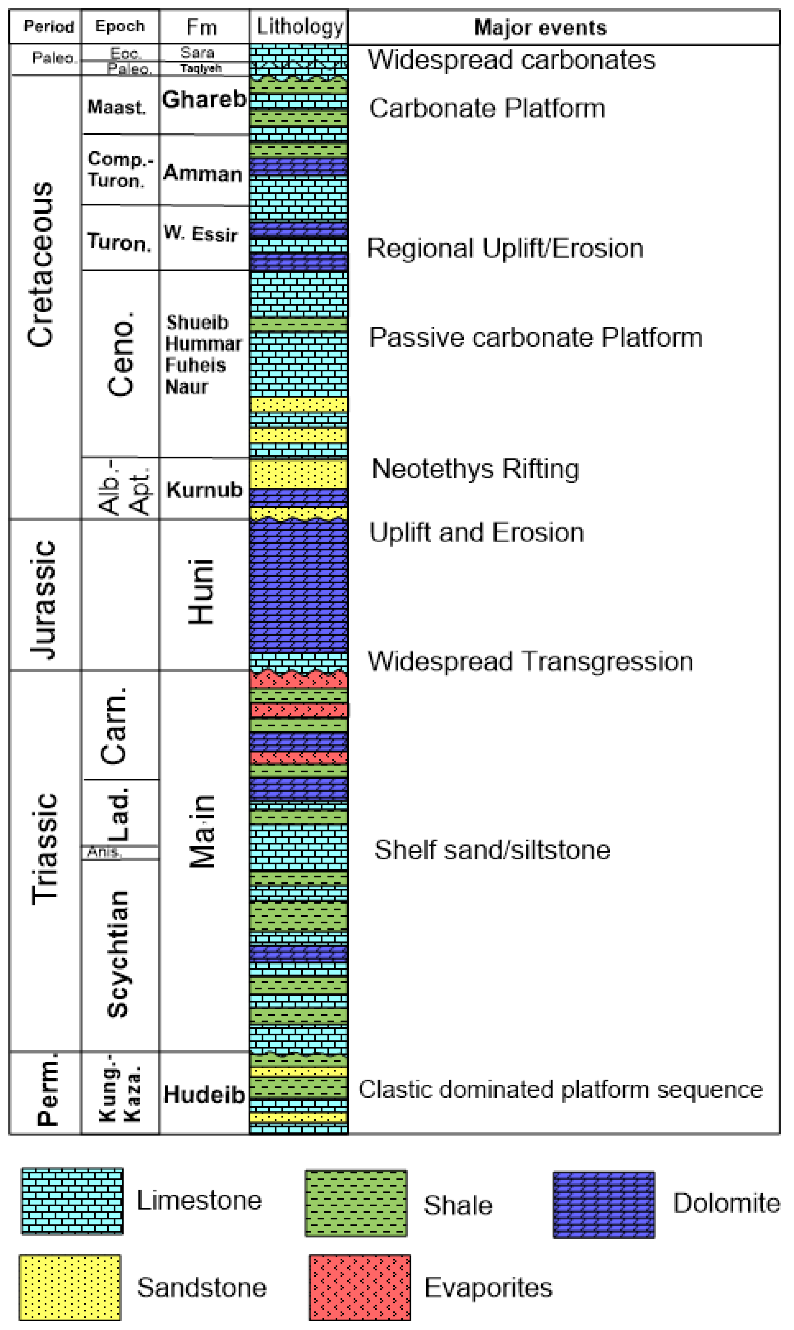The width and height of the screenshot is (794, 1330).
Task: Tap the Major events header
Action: (x=540, y=27)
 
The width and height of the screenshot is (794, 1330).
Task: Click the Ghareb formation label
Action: (x=204, y=100)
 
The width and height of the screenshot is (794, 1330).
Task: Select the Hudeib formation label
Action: (x=204, y=1094)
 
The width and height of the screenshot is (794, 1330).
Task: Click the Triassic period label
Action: (x=44, y=849)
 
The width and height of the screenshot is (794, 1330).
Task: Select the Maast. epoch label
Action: (x=117, y=107)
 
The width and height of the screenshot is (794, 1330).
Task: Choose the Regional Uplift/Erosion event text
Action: (x=504, y=248)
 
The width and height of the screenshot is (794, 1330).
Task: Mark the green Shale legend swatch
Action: (x=356, y=1204)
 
